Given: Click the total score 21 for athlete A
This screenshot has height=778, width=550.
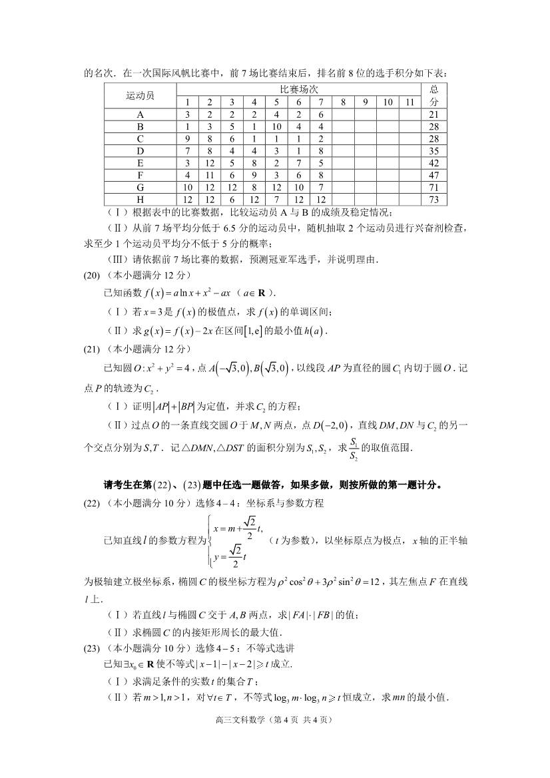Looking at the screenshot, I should (x=434, y=114).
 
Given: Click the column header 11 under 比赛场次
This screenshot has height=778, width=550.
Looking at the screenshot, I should (x=410, y=102).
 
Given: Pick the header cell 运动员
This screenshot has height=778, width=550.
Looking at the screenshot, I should (x=140, y=96).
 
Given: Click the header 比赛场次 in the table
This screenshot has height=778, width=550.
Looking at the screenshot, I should (x=298, y=89).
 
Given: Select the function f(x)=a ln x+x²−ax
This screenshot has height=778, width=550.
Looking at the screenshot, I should (x=194, y=293).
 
